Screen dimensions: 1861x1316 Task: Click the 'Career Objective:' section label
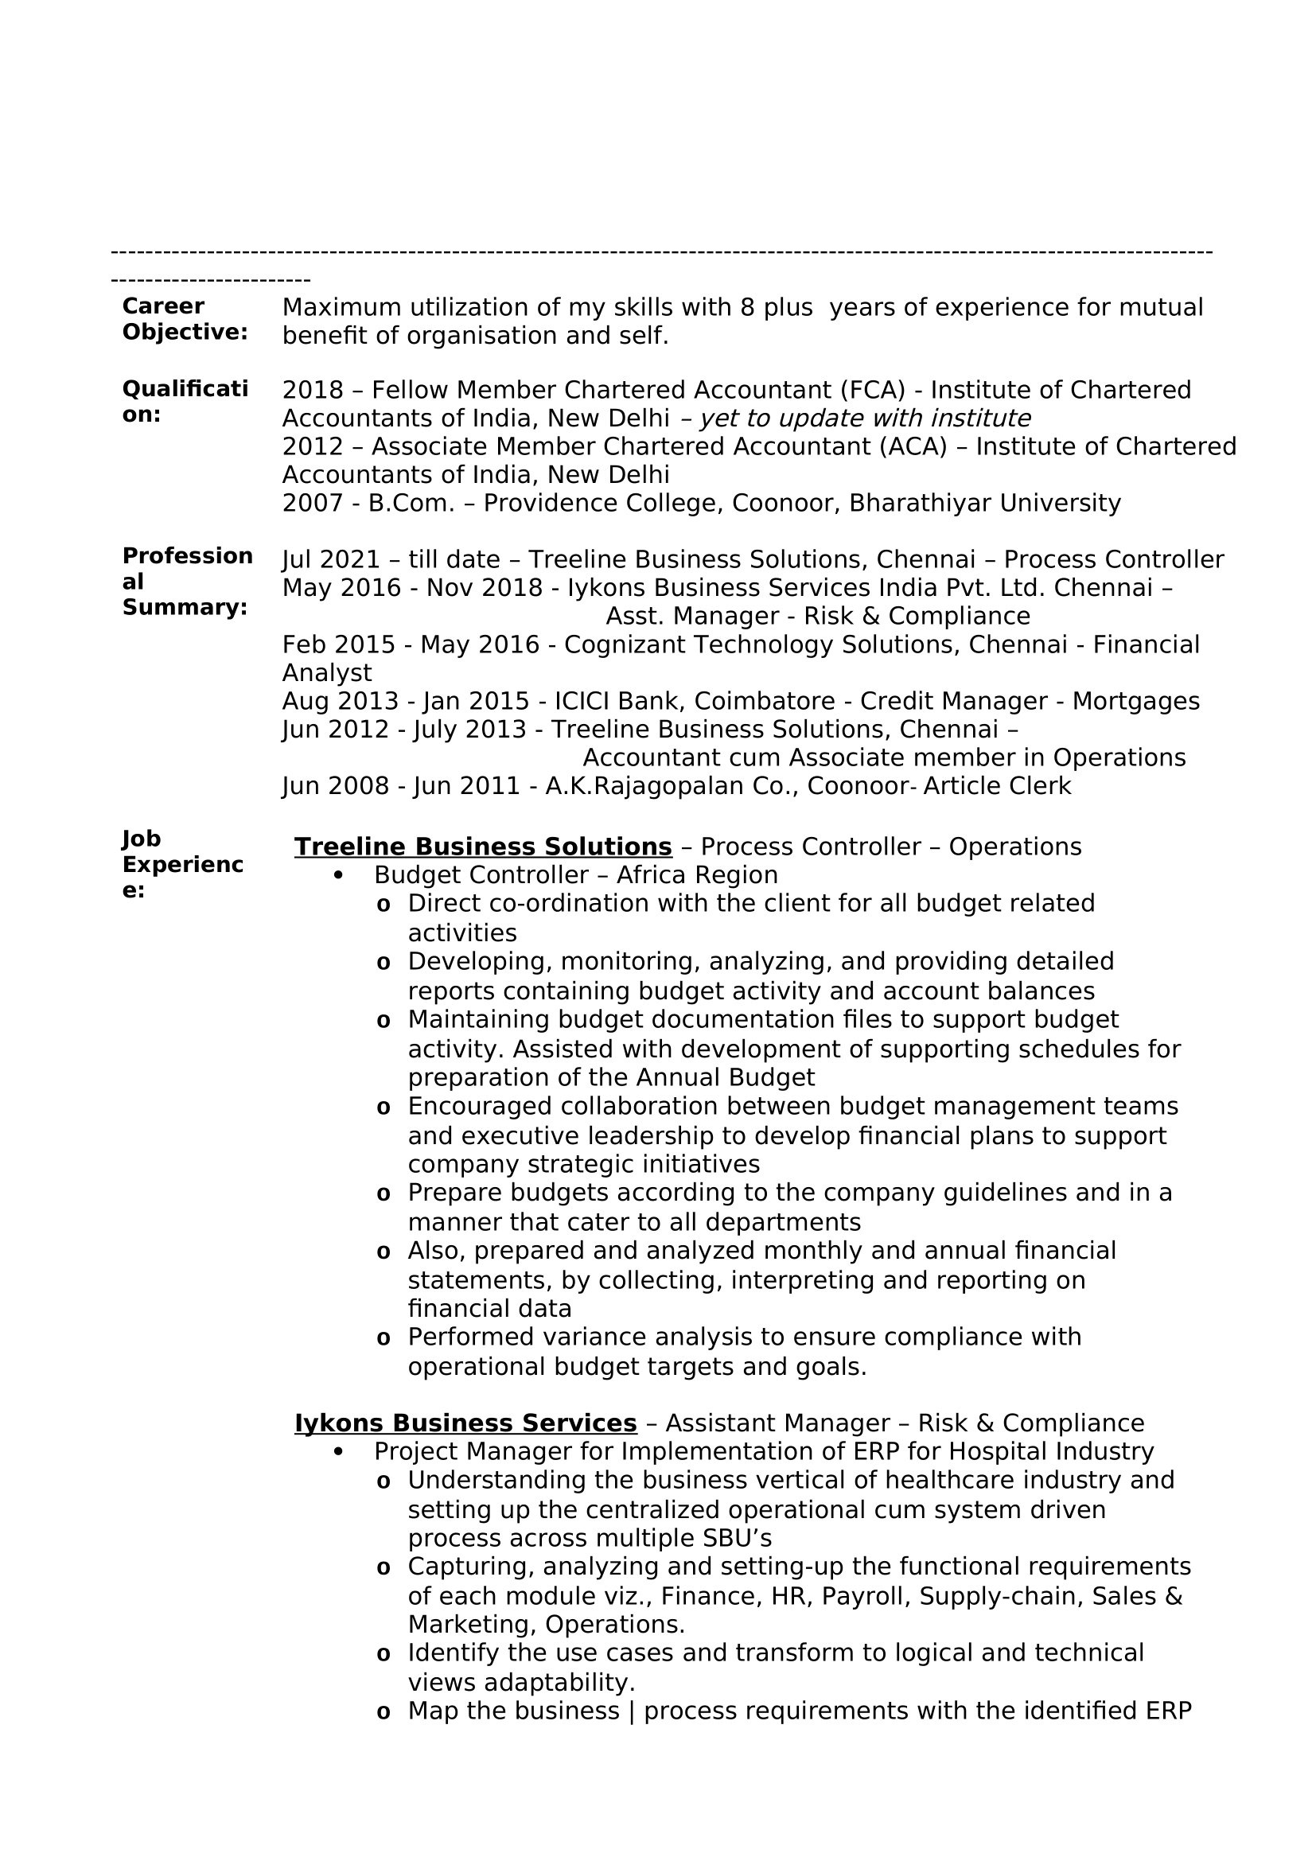pyautogui.click(x=185, y=319)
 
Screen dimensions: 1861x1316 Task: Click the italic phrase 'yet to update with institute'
pyautogui.click(x=865, y=419)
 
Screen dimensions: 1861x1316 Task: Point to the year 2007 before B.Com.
pyautogui.click(x=312, y=504)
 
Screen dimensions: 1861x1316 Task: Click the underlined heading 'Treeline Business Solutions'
pyautogui.click(x=483, y=847)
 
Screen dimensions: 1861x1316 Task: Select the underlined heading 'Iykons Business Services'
pyautogui.click(x=465, y=1424)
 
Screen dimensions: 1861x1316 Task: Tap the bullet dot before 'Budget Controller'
pyautogui.click(x=339, y=876)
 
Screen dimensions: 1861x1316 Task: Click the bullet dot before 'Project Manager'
pyautogui.click(x=339, y=1453)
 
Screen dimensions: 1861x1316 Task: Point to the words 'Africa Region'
pyautogui.click(x=697, y=876)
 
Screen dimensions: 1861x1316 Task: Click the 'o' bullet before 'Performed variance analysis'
pyautogui.click(x=384, y=1339)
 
